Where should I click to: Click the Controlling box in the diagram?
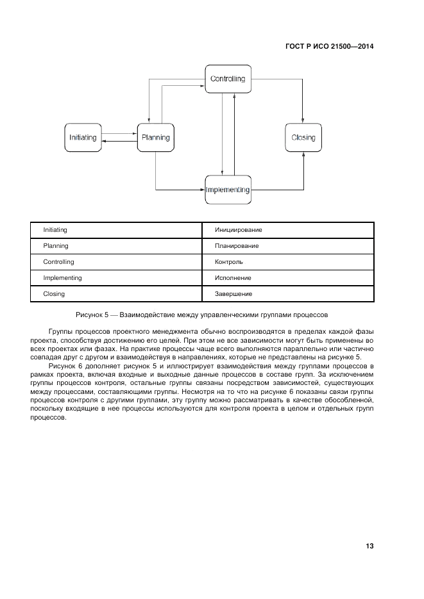[x=228, y=79]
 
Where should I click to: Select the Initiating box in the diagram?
[x=83, y=138]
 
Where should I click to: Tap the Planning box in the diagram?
[x=155, y=138]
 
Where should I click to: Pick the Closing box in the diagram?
[x=303, y=138]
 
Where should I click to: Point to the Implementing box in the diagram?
[x=228, y=190]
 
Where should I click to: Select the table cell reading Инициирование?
[x=288, y=229]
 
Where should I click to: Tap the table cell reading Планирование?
[x=288, y=245]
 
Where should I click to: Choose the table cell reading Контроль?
[x=288, y=261]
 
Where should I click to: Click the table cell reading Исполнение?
[x=288, y=277]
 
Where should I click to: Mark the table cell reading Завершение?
[x=288, y=293]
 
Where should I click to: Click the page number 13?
[x=369, y=546]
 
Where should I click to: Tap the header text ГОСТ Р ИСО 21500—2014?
[x=329, y=46]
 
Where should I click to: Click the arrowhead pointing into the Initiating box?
[x=105, y=142]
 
